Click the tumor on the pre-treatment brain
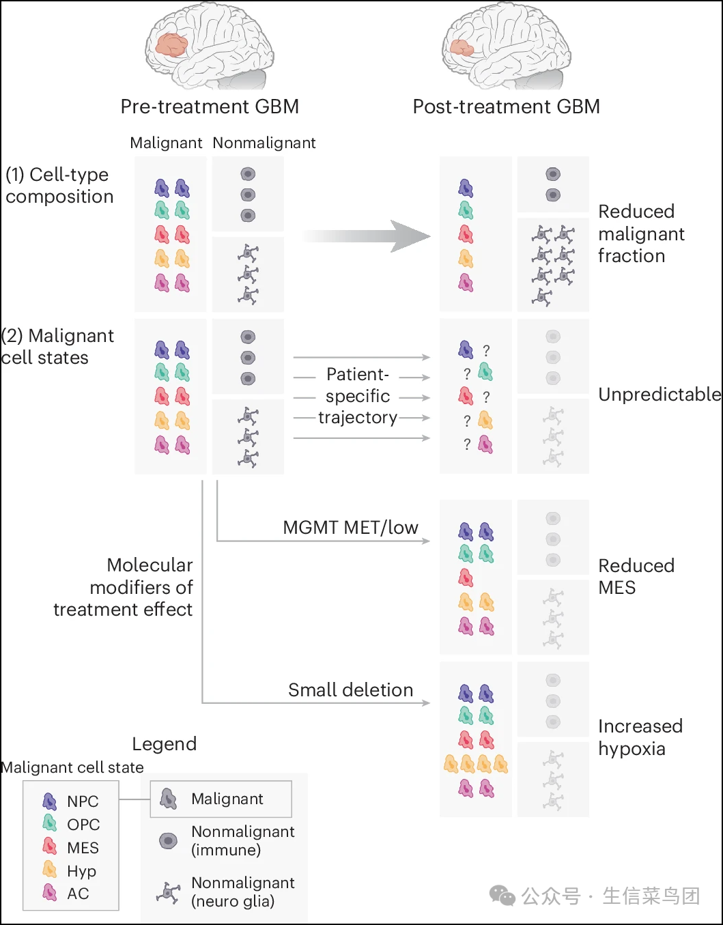[x=171, y=46]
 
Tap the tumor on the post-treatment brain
[x=462, y=48]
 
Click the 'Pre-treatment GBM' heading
[x=210, y=106]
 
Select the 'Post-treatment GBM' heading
[x=507, y=106]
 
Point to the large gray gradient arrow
[x=366, y=236]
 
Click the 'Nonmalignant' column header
[x=264, y=143]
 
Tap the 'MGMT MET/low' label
[x=351, y=528]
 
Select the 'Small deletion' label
[x=351, y=689]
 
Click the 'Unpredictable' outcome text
[x=660, y=395]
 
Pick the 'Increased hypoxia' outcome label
[x=640, y=737]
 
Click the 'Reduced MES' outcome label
[x=636, y=577]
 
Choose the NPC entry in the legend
[x=70, y=801]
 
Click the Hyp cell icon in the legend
[x=49, y=869]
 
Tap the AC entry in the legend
[x=66, y=893]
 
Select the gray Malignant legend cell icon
[x=169, y=799]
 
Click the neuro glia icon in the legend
[x=168, y=892]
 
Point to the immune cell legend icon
[x=168, y=841]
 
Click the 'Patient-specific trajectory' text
[x=358, y=396]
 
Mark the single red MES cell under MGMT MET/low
[x=466, y=578]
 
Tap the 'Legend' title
[x=165, y=744]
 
